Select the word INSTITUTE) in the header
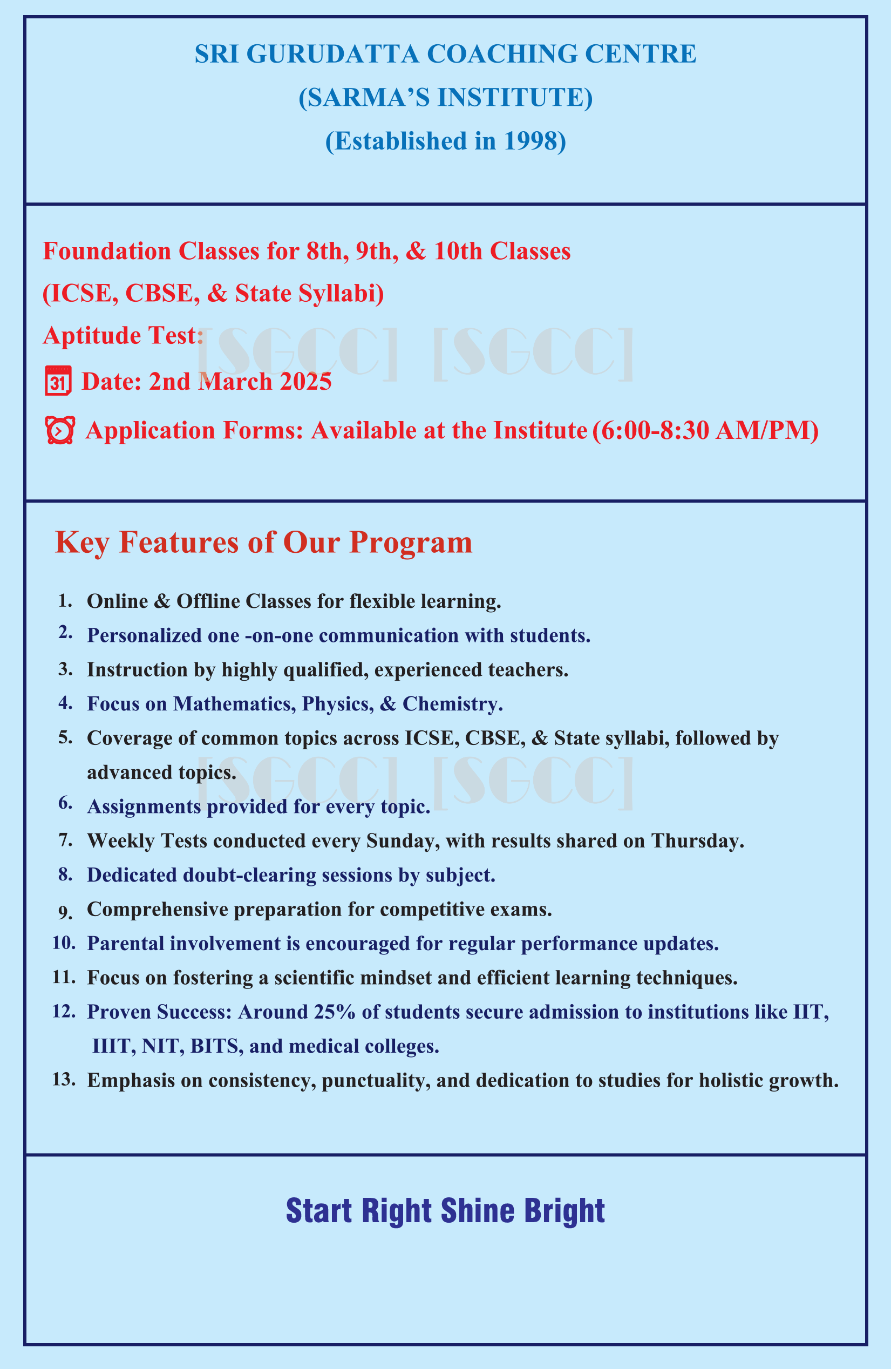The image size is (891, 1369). coord(515,98)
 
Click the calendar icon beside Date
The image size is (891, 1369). coord(58,381)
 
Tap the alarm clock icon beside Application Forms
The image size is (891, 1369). coord(60,431)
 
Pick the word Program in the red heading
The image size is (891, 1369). coord(411,543)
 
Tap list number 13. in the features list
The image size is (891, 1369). coord(64,1080)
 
